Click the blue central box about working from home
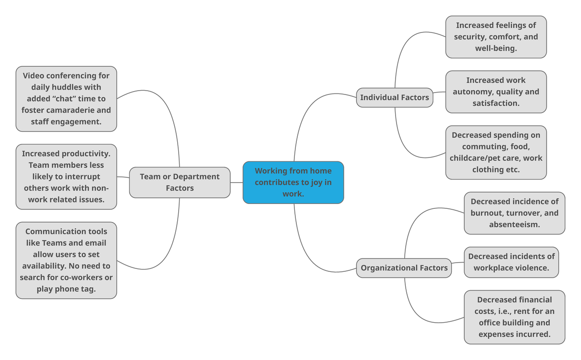coord(293,182)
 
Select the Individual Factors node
coord(394,97)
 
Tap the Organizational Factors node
coord(404,268)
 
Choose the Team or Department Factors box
coord(180,182)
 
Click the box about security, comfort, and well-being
coord(496,37)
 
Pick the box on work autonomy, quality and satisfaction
coord(496,92)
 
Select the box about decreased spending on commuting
coord(496,152)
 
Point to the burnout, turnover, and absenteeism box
coord(514,213)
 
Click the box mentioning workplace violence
coord(511,262)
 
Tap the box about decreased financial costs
coord(514,317)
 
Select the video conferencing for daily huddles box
coord(66,99)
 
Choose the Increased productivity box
coord(66,176)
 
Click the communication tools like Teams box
coord(66,260)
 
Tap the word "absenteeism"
coord(514,224)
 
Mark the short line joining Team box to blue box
coord(236,183)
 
